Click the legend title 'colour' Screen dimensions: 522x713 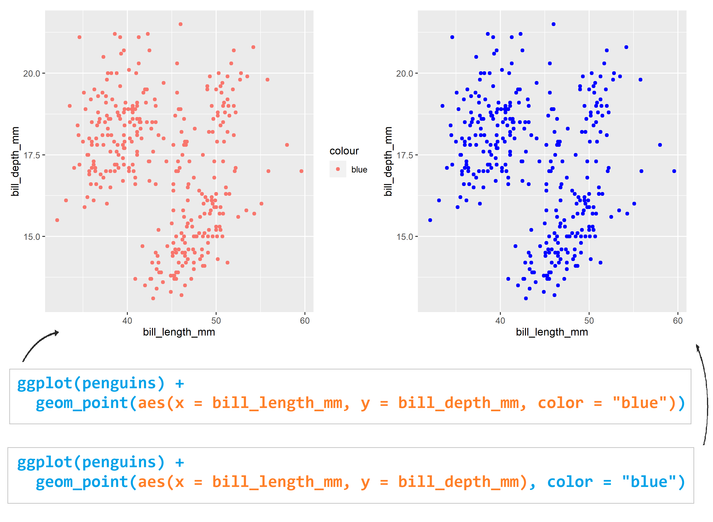(344, 151)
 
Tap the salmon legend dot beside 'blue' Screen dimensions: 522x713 (338, 169)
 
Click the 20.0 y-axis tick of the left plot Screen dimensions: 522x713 (32, 74)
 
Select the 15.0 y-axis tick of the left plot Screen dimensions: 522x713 (32, 237)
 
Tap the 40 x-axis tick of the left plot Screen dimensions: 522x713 (127, 320)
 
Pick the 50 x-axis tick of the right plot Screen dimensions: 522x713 (588, 320)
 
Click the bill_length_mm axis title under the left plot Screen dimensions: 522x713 (179, 332)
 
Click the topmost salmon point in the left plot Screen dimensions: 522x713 (180, 24)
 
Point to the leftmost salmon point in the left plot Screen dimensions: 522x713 (57, 220)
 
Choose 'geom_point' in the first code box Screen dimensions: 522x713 (82, 403)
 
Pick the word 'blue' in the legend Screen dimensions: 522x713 (359, 170)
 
